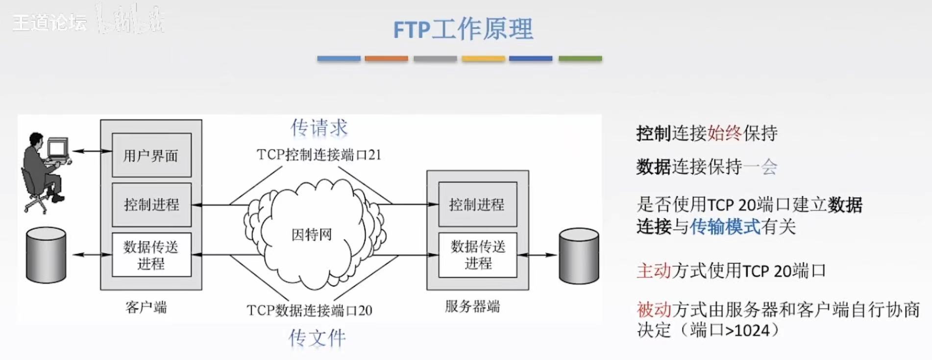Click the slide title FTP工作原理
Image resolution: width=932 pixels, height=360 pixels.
coord(463,29)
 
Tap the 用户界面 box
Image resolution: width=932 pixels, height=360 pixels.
coord(151,155)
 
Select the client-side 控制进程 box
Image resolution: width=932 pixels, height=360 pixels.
coord(151,204)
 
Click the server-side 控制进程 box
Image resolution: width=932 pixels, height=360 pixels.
coord(477,204)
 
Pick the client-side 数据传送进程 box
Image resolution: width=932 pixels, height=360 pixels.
coord(151,255)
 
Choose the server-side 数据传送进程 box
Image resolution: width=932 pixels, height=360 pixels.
coord(477,255)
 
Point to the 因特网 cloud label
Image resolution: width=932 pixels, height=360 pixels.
coord(312,235)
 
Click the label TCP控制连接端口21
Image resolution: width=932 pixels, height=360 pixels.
coord(319,155)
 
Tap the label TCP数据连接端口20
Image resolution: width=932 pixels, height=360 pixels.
coord(309,311)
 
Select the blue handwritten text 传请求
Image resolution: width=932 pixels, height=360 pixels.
coord(319,128)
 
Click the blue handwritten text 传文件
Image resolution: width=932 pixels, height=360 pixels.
coord(317,338)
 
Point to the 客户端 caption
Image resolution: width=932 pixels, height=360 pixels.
coord(146,307)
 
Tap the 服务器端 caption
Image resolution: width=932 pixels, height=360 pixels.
coord(472,307)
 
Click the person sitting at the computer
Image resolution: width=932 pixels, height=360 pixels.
coord(45,171)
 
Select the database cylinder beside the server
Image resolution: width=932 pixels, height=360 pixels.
coord(579,256)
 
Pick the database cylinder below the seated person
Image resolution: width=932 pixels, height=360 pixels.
coord(46,255)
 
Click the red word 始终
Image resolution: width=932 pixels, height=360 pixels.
coord(724,133)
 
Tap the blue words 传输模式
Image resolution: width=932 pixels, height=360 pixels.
coord(725,227)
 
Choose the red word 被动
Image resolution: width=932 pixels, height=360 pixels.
coord(654,310)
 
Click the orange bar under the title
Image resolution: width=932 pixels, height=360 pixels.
coord(386,58)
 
